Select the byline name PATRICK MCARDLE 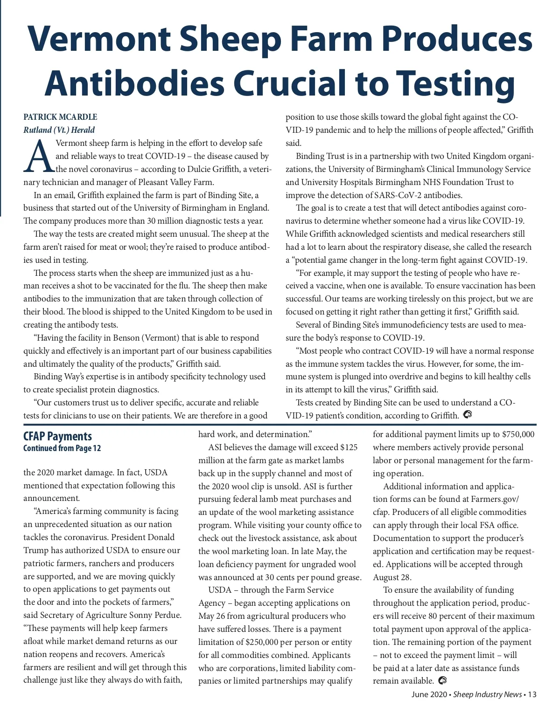click(x=60, y=117)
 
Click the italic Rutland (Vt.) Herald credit click(x=59, y=130)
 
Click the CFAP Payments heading click(x=57, y=437)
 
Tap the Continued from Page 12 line click(x=62, y=448)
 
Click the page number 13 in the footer click(x=532, y=695)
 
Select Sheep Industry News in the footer click(x=487, y=695)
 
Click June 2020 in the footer click(x=429, y=695)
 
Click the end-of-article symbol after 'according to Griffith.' click(x=467, y=414)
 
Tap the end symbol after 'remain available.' click(x=443, y=681)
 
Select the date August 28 click(x=392, y=577)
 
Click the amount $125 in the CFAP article click(x=349, y=447)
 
